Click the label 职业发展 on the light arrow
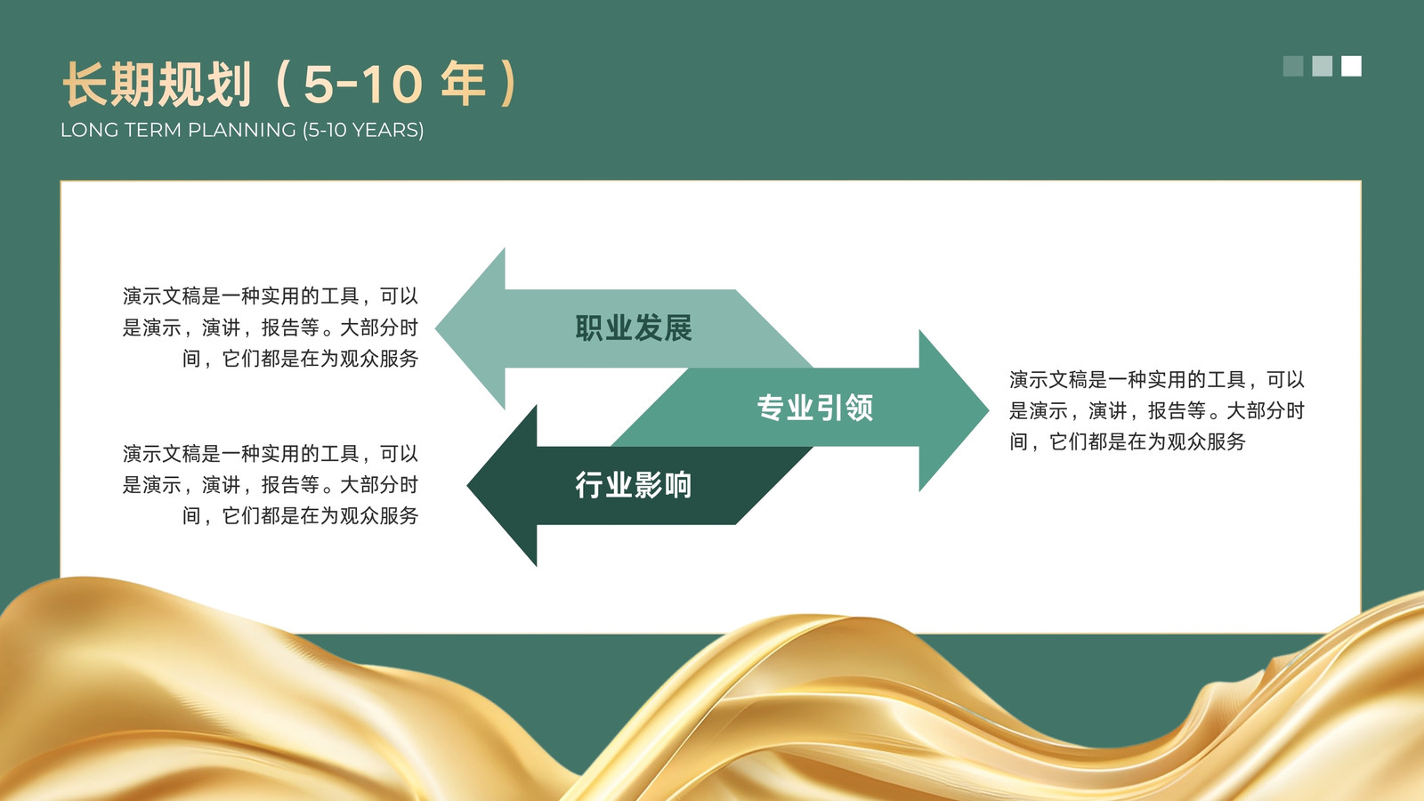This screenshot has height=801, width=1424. (x=633, y=328)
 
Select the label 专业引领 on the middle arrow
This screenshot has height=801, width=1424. (x=815, y=408)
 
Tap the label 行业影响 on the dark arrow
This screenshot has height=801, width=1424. (x=633, y=485)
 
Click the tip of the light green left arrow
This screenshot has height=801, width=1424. (x=436, y=328)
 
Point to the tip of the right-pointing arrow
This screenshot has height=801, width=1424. (x=988, y=410)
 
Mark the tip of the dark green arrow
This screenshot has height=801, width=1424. (x=468, y=486)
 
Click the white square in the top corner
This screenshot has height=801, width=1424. (x=1352, y=66)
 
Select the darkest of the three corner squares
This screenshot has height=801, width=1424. (x=1293, y=66)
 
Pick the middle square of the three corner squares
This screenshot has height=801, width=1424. (x=1323, y=66)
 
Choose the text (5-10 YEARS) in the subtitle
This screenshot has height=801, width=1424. (x=363, y=130)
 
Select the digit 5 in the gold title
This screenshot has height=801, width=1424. (x=320, y=84)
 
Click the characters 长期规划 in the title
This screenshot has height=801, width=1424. (x=157, y=84)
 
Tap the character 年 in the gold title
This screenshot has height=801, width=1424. (x=463, y=84)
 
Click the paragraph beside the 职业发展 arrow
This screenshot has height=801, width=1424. (x=271, y=328)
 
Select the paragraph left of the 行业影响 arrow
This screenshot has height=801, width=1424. (x=271, y=484)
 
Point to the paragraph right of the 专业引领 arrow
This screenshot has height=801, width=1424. (x=1157, y=410)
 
